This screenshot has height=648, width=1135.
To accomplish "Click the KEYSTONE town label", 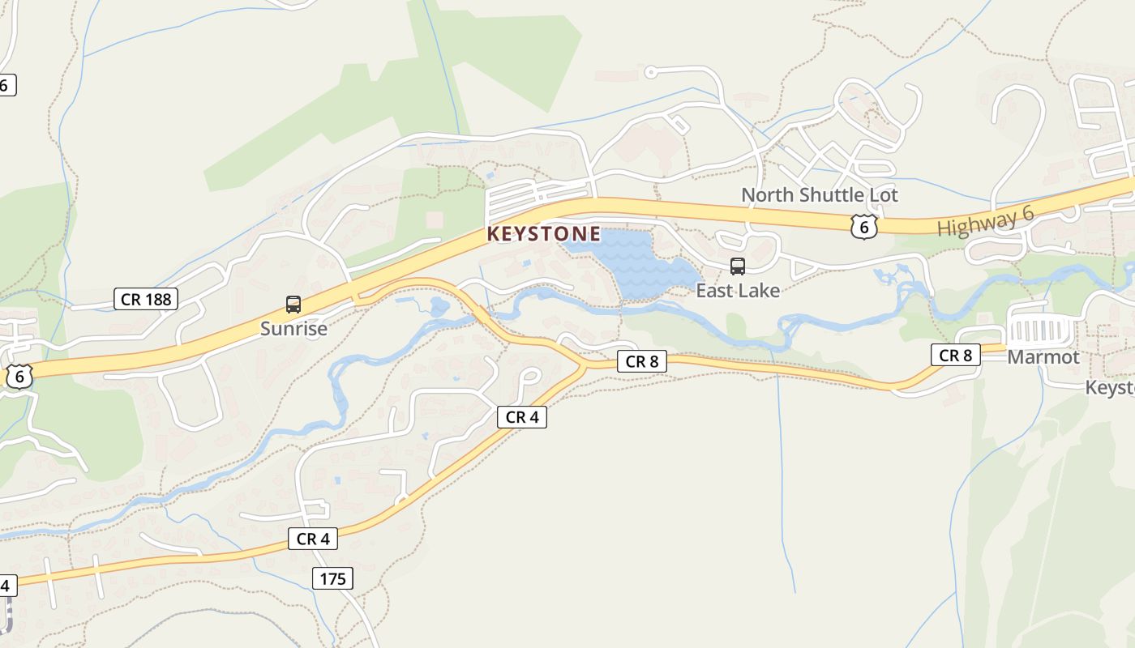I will [544, 235].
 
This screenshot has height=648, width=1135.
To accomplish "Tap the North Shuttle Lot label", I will [820, 195].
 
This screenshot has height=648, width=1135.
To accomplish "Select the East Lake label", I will [738, 291].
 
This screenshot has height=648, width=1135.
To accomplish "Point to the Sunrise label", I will [293, 329].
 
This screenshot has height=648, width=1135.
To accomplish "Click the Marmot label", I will [1043, 357].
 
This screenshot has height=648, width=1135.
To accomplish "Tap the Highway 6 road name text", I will [986, 221].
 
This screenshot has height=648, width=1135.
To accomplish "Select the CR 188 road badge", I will [146, 300].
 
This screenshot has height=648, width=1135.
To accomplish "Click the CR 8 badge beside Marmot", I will [956, 355].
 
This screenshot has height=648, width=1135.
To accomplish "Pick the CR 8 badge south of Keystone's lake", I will [642, 361].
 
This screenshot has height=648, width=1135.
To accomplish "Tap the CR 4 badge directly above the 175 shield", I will [313, 539].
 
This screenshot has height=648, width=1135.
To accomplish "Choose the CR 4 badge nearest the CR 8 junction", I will [522, 417].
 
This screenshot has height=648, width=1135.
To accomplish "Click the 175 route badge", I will [332, 578].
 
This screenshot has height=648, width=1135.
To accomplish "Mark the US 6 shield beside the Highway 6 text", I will [864, 227].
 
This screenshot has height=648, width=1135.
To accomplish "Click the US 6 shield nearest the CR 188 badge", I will [19, 376].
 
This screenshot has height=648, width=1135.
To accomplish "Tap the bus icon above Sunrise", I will [293, 305].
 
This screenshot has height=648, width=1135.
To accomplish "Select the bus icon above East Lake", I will [738, 266].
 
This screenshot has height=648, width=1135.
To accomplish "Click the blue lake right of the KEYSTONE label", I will [640, 263].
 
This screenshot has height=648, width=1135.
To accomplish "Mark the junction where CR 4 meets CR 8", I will [582, 366].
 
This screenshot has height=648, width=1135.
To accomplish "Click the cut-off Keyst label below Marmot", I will [1110, 388].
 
